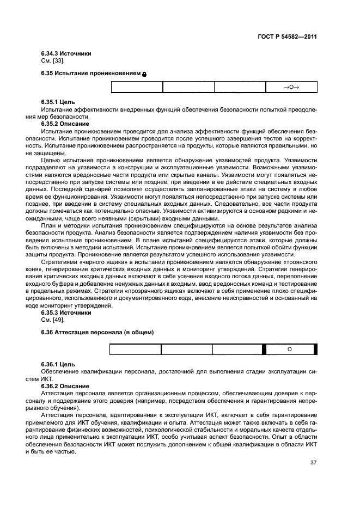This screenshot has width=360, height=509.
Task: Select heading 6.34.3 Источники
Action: tap(66, 53)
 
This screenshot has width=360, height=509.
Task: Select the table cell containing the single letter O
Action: tap(289, 349)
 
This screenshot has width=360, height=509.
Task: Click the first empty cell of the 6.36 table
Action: tap(136, 349)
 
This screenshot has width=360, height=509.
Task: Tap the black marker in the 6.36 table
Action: tap(264, 349)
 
